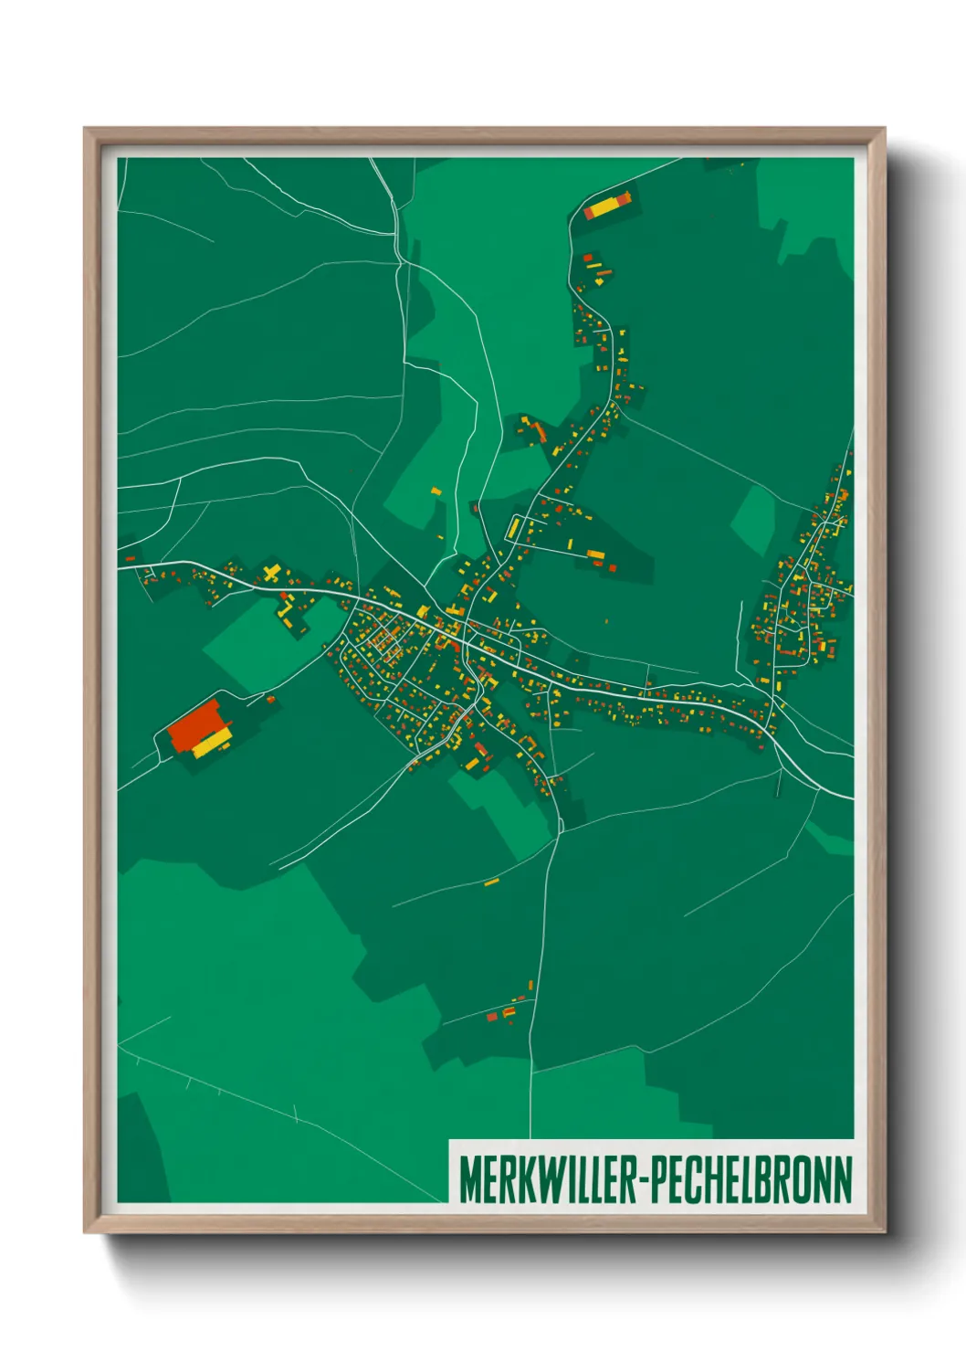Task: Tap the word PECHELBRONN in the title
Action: click(x=753, y=1180)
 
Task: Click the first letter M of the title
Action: click(x=468, y=1180)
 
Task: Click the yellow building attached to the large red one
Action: click(x=212, y=744)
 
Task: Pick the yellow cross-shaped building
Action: click(x=271, y=575)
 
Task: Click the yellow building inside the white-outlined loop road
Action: click(x=514, y=528)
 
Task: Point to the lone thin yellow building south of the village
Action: click(x=491, y=882)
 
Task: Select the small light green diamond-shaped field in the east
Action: click(x=754, y=519)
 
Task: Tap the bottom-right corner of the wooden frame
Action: click(x=883, y=1231)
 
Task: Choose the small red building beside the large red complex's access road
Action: click(x=270, y=700)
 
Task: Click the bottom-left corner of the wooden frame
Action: click(x=86, y=1231)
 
